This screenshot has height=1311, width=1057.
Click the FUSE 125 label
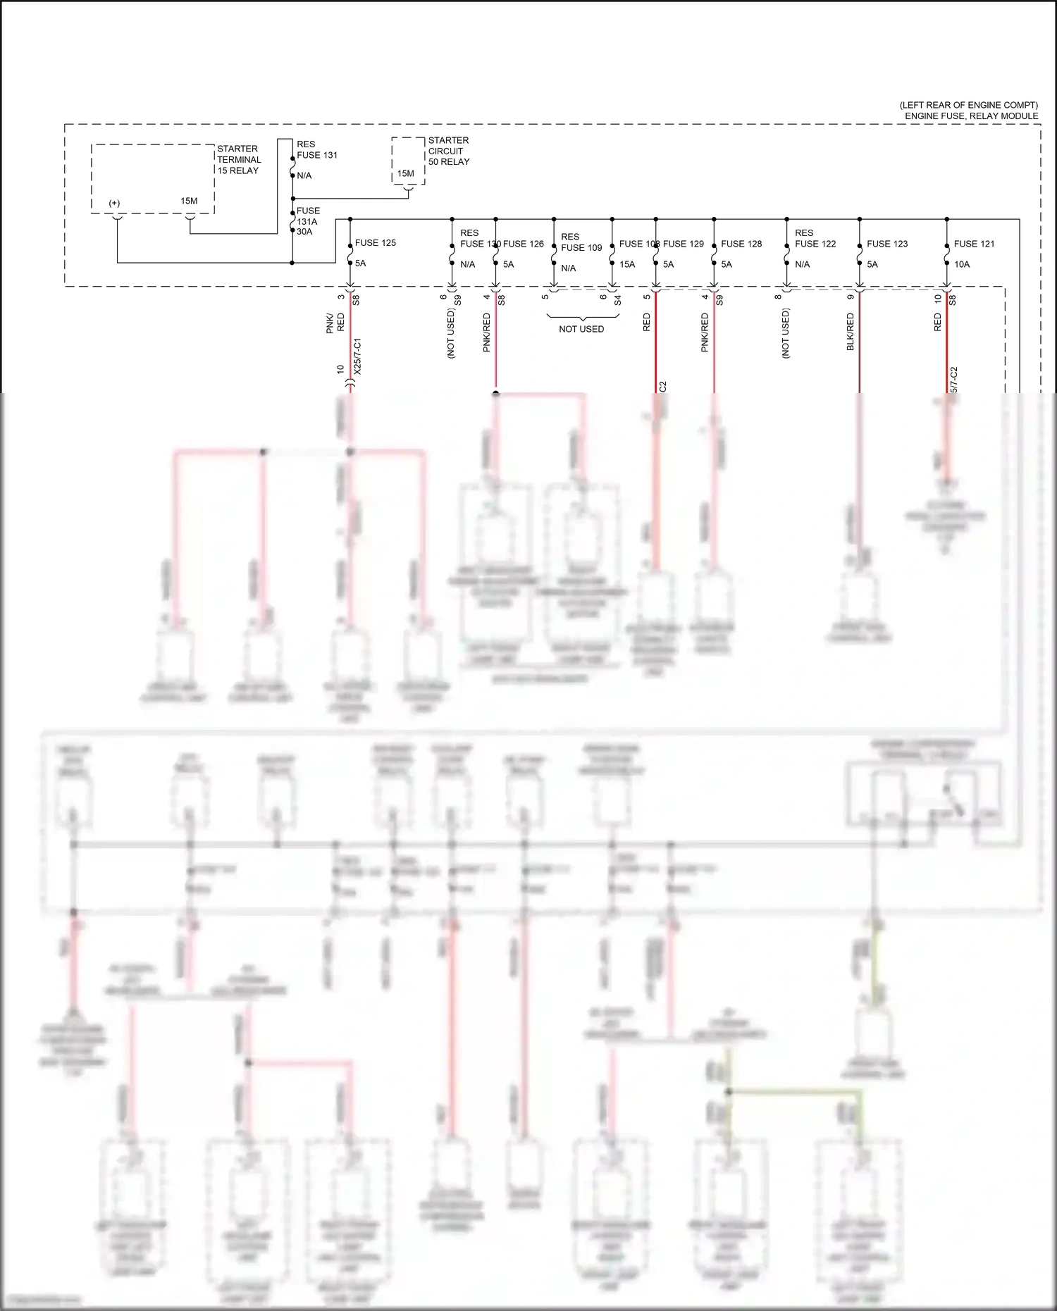(x=375, y=243)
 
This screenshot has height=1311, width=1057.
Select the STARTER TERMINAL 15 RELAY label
(x=239, y=160)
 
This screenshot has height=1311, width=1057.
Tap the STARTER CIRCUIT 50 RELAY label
(x=448, y=151)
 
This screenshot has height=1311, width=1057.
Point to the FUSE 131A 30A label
(x=307, y=221)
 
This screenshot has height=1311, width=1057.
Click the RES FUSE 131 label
(x=316, y=150)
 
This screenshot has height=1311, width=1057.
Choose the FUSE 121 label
(x=974, y=244)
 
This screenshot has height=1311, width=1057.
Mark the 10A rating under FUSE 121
(x=962, y=264)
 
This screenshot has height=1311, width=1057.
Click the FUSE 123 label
(x=887, y=244)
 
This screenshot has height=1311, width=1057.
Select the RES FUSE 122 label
(x=815, y=239)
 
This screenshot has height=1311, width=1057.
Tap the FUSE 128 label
(x=741, y=244)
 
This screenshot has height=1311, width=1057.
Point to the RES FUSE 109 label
(x=581, y=242)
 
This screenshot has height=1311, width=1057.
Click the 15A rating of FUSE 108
(x=627, y=264)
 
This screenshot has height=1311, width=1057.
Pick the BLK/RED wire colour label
(x=851, y=332)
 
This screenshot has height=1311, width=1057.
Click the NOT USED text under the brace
(x=581, y=329)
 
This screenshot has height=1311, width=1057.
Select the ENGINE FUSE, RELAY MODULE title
(x=971, y=116)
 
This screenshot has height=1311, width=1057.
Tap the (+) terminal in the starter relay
(x=114, y=204)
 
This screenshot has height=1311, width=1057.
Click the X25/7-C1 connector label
(x=357, y=356)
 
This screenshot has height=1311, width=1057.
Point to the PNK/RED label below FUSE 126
(x=486, y=333)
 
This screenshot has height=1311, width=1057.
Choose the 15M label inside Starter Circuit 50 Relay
(x=406, y=173)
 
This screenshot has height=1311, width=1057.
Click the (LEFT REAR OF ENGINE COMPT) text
(x=968, y=105)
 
